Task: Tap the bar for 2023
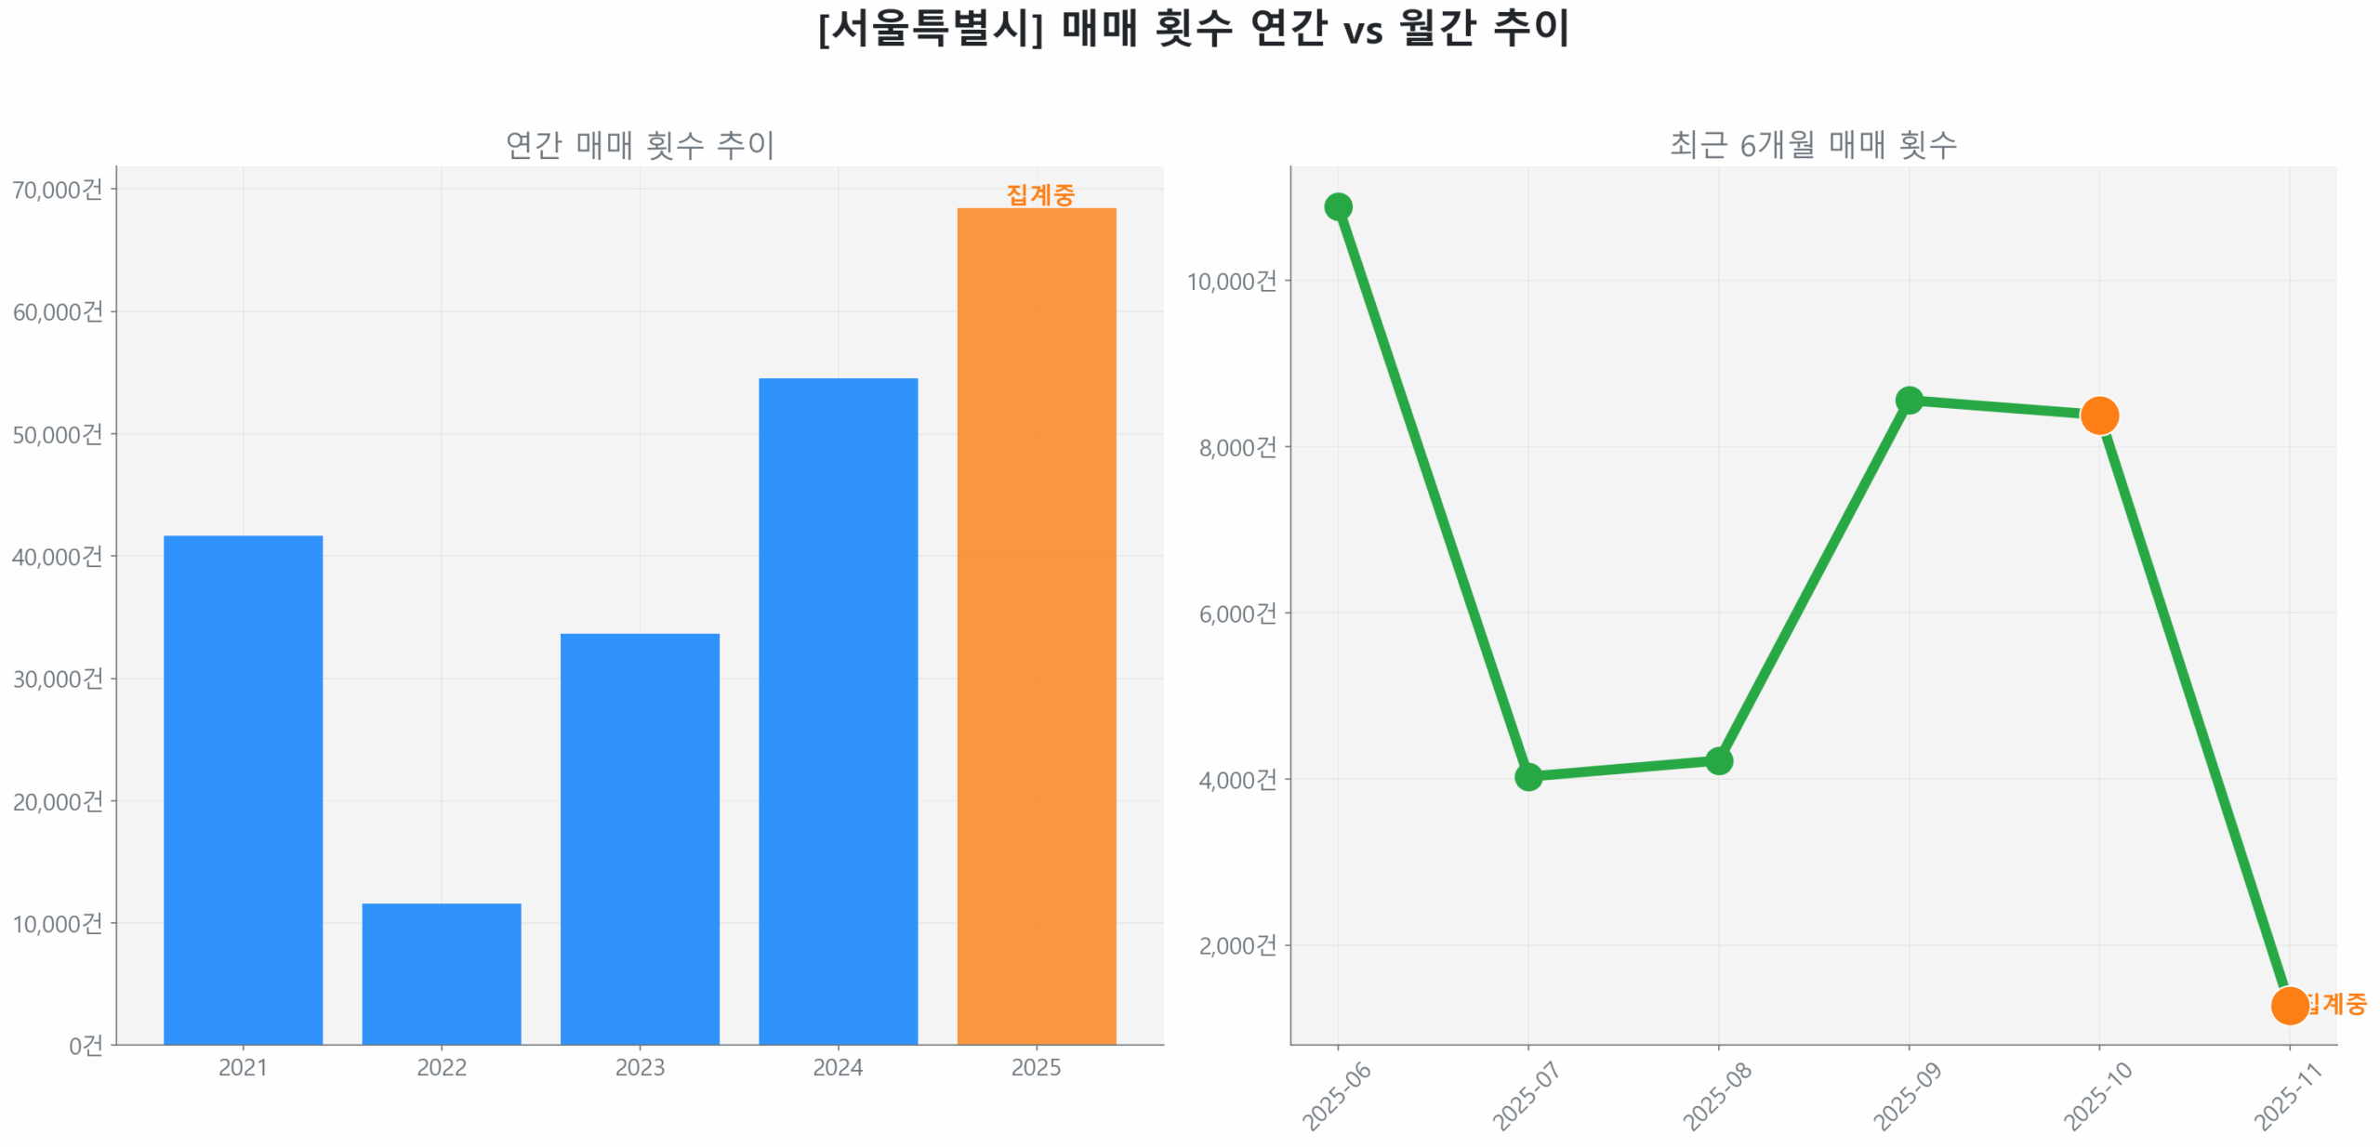tap(639, 837)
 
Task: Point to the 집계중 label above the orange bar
tap(1039, 194)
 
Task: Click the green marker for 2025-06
tap(1336, 206)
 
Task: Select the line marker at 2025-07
tap(1527, 775)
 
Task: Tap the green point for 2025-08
tap(1717, 759)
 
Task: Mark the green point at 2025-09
tap(1907, 400)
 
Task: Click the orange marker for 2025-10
tap(2097, 415)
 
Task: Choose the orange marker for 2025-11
tap(2287, 1004)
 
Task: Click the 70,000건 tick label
tap(57, 190)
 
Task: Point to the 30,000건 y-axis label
tap(57, 679)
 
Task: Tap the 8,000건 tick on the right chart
tap(1236, 447)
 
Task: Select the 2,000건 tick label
tap(1236, 944)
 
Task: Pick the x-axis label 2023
tap(639, 1066)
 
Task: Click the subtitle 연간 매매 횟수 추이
tap(639, 144)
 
